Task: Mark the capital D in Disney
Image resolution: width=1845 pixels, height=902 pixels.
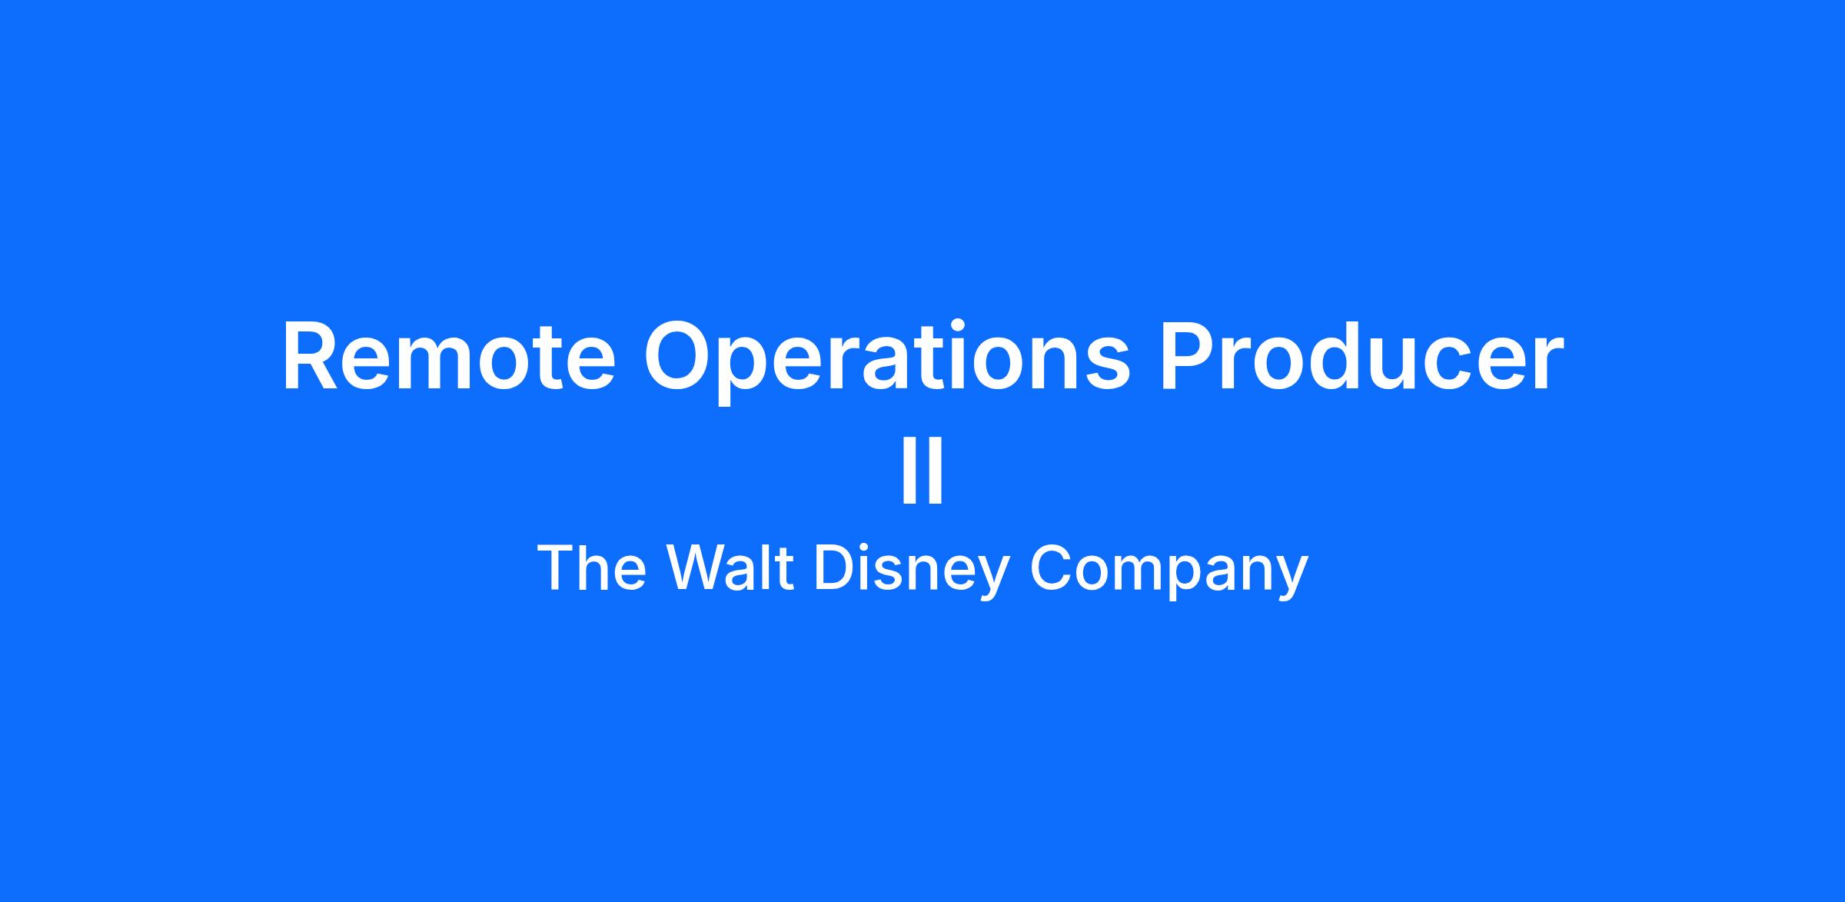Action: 833,567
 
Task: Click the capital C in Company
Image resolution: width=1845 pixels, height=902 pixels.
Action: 1051,567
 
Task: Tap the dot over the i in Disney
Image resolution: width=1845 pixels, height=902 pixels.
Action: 865,547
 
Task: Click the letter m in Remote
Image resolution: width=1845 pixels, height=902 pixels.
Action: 448,366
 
